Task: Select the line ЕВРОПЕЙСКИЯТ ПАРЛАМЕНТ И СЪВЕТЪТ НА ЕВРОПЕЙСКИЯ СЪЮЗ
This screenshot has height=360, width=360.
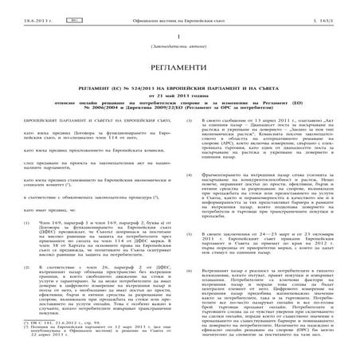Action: (x=89, y=119)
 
